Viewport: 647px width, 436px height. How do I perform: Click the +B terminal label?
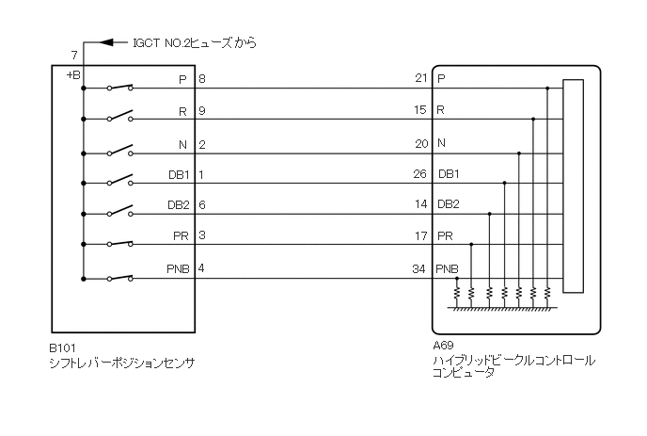[72, 74]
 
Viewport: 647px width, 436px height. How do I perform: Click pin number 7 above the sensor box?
[73, 57]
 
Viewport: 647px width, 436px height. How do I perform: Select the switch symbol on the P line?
[119, 88]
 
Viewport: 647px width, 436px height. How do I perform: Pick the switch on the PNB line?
[119, 277]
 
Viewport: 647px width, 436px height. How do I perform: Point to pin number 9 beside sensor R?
[202, 110]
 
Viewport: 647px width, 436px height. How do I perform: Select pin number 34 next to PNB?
[419, 269]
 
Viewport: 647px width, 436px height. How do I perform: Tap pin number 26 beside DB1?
[419, 174]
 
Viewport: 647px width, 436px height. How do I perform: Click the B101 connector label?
[61, 347]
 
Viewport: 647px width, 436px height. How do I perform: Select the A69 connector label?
[441, 347]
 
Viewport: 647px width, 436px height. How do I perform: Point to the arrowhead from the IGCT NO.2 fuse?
[105, 42]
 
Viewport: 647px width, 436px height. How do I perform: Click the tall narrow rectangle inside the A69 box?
[572, 186]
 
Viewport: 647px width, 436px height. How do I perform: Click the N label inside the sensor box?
[184, 144]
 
